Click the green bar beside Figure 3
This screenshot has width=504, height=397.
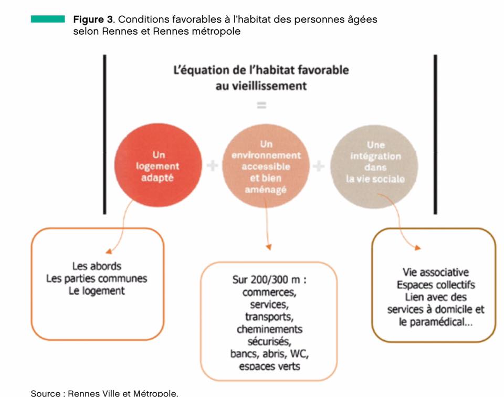pyautogui.click(x=48, y=19)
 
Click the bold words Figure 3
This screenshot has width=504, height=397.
pyautogui.click(x=93, y=19)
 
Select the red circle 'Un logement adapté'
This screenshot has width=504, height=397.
pyautogui.click(x=158, y=165)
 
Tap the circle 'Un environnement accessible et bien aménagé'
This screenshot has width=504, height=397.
pyautogui.click(x=266, y=166)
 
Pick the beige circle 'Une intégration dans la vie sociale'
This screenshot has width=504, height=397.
pyautogui.click(x=374, y=166)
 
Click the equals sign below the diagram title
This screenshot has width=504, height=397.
pyautogui.click(x=261, y=105)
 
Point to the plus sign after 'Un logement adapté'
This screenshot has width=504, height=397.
pyautogui.click(x=213, y=166)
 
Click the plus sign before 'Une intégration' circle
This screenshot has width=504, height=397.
pyautogui.click(x=319, y=166)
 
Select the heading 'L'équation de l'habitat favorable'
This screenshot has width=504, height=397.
pyautogui.click(x=261, y=70)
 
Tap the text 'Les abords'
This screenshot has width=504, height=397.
pyautogui.click(x=97, y=266)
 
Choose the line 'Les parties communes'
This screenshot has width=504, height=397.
pyautogui.click(x=97, y=278)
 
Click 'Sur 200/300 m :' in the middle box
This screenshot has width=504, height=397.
pyautogui.click(x=269, y=280)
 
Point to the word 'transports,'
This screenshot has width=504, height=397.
pyautogui.click(x=269, y=317)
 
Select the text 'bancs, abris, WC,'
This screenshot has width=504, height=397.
pyautogui.click(x=269, y=354)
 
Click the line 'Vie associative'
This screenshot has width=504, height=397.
pyautogui.click(x=436, y=272)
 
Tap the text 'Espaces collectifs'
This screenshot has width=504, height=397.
pyautogui.click(x=436, y=285)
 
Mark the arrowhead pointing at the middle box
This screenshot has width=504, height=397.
pyautogui.click(x=269, y=247)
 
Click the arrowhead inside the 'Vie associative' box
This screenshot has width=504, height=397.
pyautogui.click(x=417, y=247)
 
